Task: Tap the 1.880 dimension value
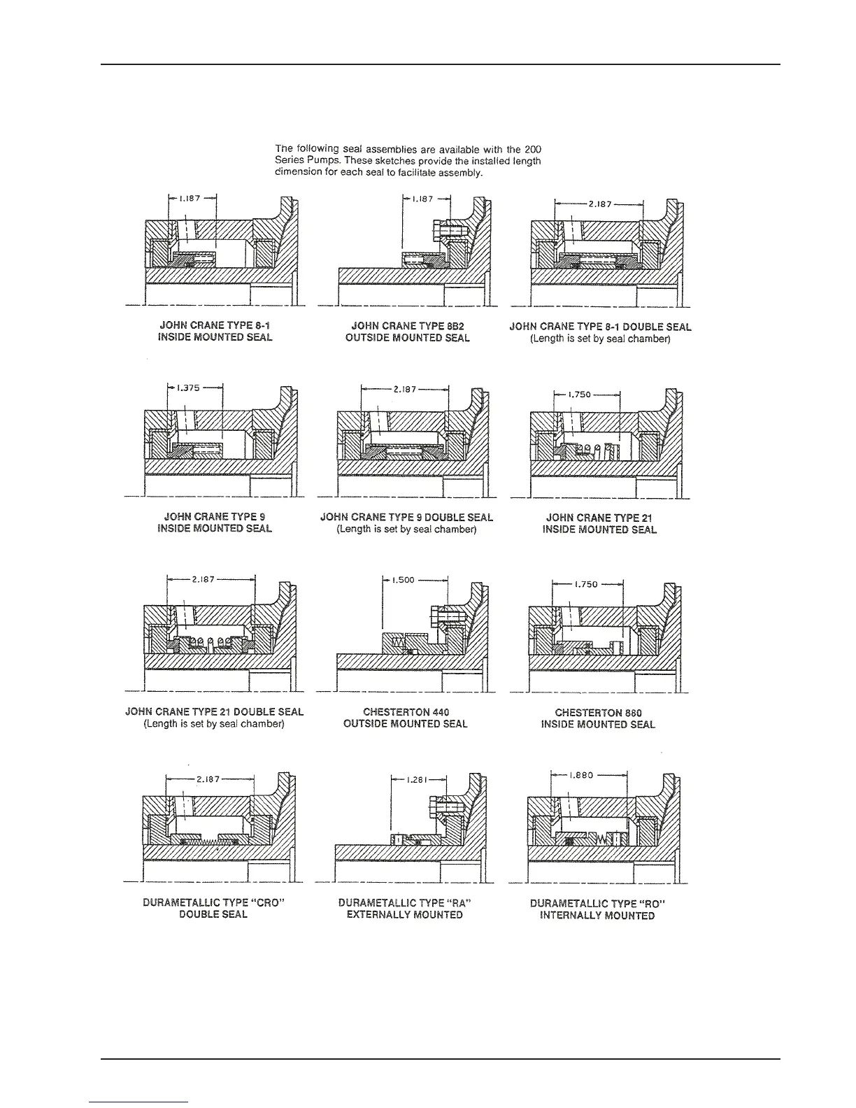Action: point(581,775)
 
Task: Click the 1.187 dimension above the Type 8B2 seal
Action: point(423,199)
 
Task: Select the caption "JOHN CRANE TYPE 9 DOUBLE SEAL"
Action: point(406,518)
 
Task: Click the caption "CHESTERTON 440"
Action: point(406,712)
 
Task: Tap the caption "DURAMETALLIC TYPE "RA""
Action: point(405,903)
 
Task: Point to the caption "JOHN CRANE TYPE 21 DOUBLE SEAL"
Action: point(214,712)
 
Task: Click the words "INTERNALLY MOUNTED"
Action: point(597,916)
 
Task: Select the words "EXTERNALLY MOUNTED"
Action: point(405,915)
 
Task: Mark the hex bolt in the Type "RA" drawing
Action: point(441,808)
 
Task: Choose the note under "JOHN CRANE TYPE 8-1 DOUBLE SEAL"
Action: point(600,339)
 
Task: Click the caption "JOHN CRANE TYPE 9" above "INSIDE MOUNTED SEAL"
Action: point(214,517)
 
